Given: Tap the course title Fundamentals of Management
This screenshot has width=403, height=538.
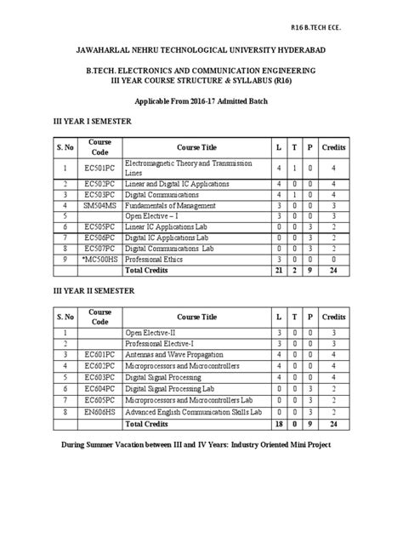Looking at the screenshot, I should pos(169,205).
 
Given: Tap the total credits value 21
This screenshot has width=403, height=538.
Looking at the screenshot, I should pos(279,270).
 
